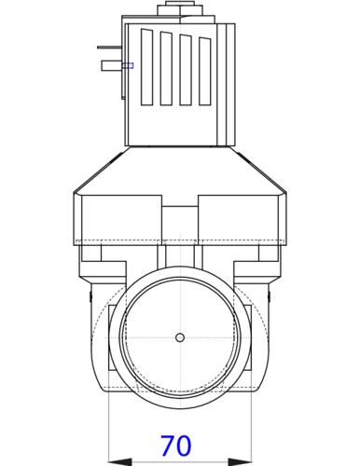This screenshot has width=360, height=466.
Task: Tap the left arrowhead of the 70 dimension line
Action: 116,459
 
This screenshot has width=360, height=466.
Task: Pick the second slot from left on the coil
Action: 167,69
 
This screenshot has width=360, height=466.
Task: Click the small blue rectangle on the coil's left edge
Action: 128,65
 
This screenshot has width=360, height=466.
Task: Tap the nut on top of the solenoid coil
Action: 178,10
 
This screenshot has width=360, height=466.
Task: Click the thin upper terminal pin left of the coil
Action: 108,48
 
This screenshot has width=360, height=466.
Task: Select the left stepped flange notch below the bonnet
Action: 90,254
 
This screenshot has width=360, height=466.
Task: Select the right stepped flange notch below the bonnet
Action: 270,254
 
